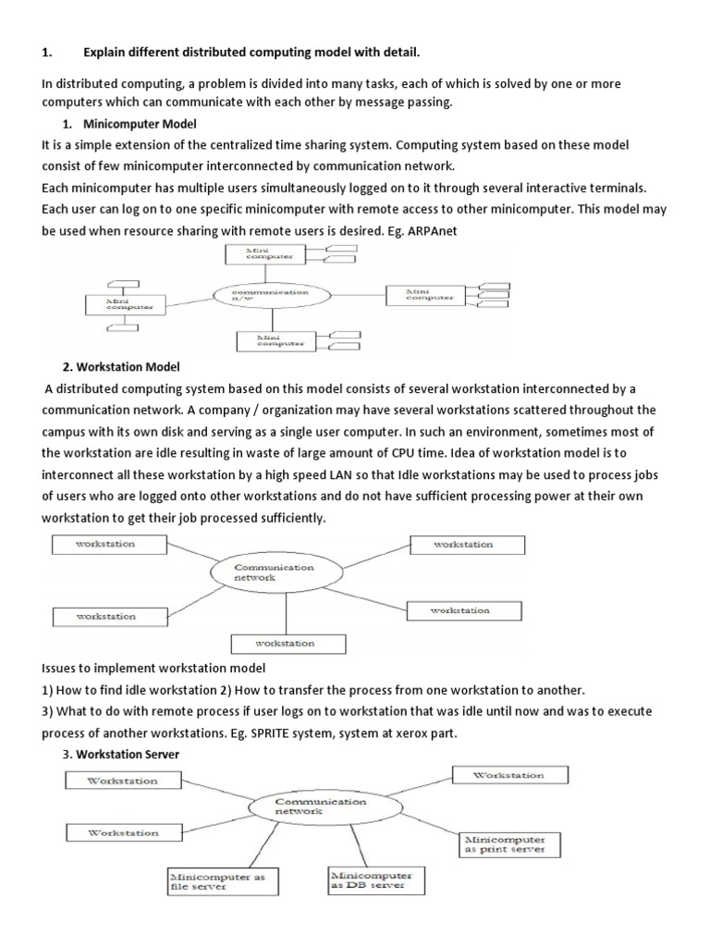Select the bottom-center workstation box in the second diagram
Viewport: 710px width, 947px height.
pyautogui.click(x=286, y=644)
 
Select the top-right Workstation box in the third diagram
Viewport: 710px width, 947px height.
pyautogui.click(x=508, y=775)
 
